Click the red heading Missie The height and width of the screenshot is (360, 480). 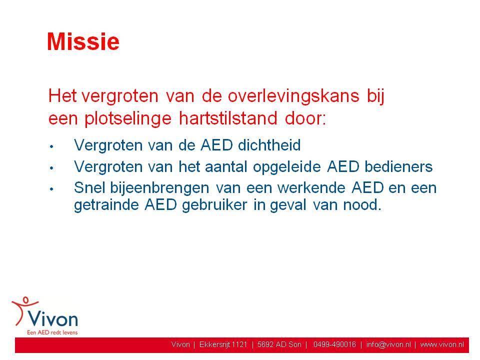[x=83, y=41]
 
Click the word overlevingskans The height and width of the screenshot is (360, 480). [x=293, y=96]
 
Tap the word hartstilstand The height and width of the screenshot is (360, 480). [x=228, y=118]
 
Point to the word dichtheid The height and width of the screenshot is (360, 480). [x=269, y=145]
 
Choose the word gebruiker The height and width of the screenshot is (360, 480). [x=214, y=205]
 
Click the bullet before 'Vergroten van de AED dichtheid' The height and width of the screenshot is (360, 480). [x=51, y=146]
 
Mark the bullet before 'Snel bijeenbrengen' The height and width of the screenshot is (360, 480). [x=51, y=189]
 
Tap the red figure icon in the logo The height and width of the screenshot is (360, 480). [x=22, y=309]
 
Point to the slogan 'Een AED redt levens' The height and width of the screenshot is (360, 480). [x=52, y=332]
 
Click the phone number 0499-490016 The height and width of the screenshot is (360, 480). [x=334, y=344]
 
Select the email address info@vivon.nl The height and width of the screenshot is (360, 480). [x=389, y=344]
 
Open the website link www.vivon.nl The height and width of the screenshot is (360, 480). [x=442, y=344]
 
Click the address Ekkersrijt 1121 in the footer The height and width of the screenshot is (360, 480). [x=223, y=344]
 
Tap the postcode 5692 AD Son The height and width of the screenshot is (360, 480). [x=279, y=344]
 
